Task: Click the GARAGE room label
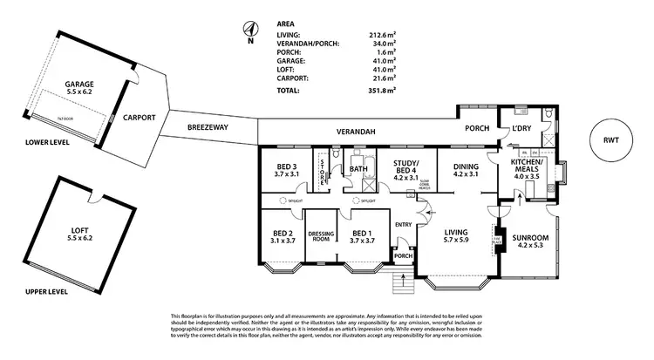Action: [x=79, y=86]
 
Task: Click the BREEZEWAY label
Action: [x=207, y=128]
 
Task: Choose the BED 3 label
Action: [x=287, y=170]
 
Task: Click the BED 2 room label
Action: [x=282, y=237]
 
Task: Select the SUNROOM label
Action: [x=530, y=241]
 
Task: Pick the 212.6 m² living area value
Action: [x=384, y=35]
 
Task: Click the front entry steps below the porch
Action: [x=403, y=283]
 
